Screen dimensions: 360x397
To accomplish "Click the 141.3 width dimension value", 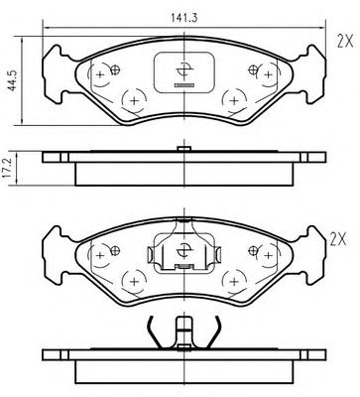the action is [x=184, y=18].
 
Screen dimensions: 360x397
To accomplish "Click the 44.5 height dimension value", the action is [x=13, y=80].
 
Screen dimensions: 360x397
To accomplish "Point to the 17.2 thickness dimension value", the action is [x=7, y=168].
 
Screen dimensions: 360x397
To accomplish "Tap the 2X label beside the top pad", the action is [x=345, y=42].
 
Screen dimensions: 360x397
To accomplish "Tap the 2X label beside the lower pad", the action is [x=338, y=239].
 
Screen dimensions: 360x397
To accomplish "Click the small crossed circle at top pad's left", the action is [x=115, y=69].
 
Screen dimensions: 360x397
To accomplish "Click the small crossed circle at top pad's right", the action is [x=253, y=69].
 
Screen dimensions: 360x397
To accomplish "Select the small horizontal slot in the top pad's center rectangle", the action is [x=183, y=85].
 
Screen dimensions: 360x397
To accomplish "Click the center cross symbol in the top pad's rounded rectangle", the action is [x=183, y=70].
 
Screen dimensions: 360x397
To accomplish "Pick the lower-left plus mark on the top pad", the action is [x=134, y=101].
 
